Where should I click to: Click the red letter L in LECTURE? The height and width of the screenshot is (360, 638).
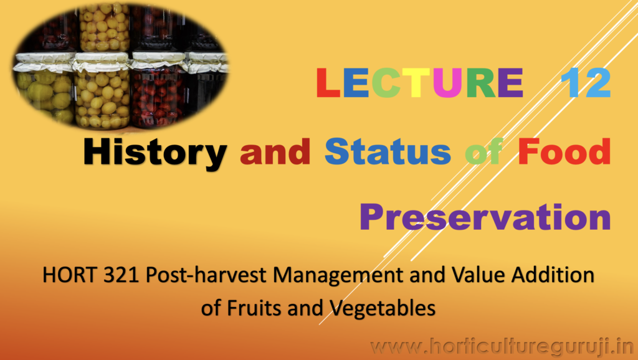[328, 83]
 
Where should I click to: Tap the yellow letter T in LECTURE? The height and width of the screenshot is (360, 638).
[416, 83]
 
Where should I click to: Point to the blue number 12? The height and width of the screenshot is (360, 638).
[586, 83]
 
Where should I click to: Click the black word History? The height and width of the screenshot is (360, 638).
[155, 153]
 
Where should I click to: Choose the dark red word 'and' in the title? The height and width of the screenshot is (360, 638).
[275, 151]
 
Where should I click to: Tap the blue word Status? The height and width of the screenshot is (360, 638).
[388, 151]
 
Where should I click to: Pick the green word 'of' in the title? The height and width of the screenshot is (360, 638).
[484, 151]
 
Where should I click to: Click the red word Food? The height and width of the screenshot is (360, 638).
[564, 151]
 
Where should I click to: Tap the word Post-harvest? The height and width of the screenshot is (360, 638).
[206, 276]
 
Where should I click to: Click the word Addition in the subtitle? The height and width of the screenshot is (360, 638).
[553, 275]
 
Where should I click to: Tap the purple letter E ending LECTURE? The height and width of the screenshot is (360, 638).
[511, 83]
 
